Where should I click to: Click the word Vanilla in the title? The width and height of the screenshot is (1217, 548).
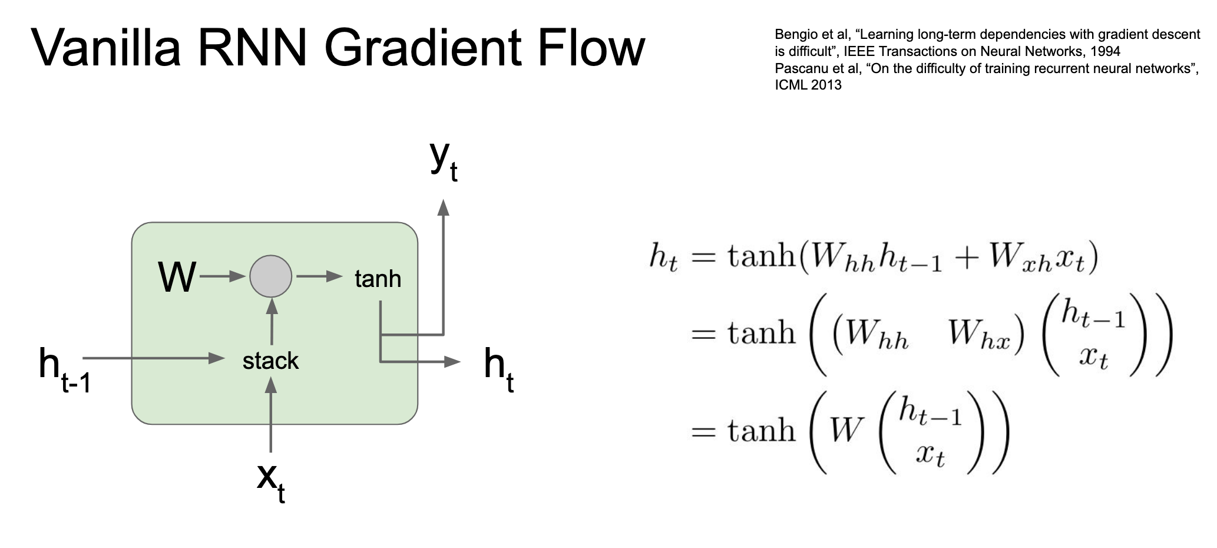coord(106,47)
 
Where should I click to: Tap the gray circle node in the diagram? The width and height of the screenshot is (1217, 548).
coord(271,276)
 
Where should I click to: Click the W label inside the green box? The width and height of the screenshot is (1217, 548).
coord(177,277)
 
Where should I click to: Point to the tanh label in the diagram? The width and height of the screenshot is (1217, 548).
coord(378,278)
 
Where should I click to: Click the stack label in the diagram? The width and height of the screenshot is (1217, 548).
coord(270,361)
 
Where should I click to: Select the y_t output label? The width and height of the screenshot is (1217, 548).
coord(444,160)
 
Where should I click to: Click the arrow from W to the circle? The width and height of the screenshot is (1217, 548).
coord(223,276)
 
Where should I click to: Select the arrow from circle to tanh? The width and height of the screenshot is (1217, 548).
coord(319,276)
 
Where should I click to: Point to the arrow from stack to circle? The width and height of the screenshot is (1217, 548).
coord(272,322)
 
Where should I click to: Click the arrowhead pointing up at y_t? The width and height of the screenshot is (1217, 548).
coord(444,207)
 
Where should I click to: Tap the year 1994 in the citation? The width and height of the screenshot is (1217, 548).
coord(1106,51)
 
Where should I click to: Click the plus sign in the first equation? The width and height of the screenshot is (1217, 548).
coord(967,258)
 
